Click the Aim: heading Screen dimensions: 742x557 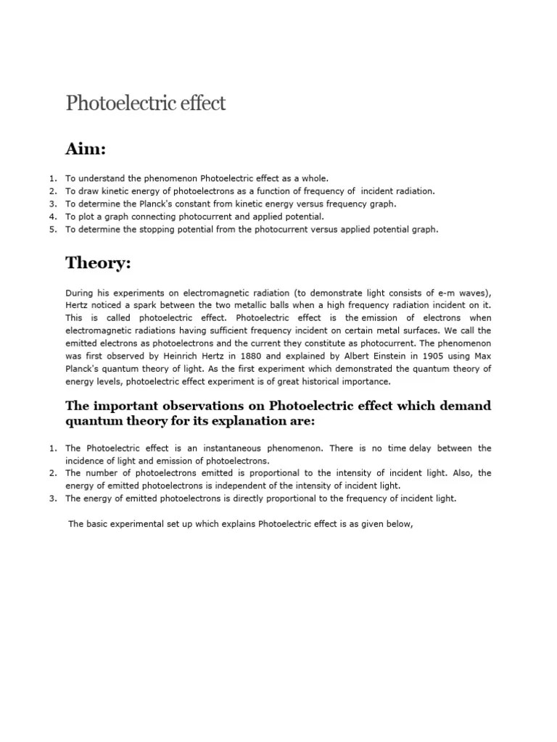[x=86, y=149]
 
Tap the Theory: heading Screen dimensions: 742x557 [x=98, y=263]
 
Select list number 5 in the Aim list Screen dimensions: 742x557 [x=53, y=230]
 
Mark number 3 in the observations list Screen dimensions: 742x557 [x=53, y=499]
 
